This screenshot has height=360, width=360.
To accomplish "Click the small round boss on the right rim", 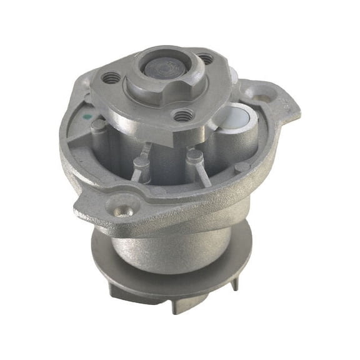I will (x=242, y=167).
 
